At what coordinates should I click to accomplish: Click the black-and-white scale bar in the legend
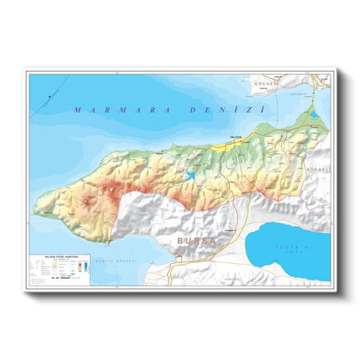tap(61, 280)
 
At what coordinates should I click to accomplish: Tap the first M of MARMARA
tap(79, 110)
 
